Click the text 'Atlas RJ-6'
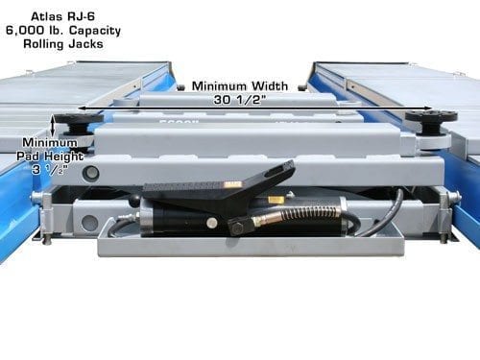(x=63, y=16)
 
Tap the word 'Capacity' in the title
(x=95, y=31)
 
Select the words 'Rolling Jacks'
(x=63, y=44)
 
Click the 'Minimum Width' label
(x=240, y=86)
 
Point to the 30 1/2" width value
(x=240, y=100)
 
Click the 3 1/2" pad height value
(x=50, y=169)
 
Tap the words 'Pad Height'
(x=50, y=156)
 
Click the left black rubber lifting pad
(x=79, y=123)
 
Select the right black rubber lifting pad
(x=431, y=121)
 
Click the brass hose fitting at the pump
(x=263, y=221)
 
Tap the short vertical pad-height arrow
(x=53, y=126)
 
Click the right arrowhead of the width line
(x=428, y=108)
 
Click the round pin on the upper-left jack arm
(x=90, y=173)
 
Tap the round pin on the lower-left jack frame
(x=89, y=222)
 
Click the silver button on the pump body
(x=211, y=223)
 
